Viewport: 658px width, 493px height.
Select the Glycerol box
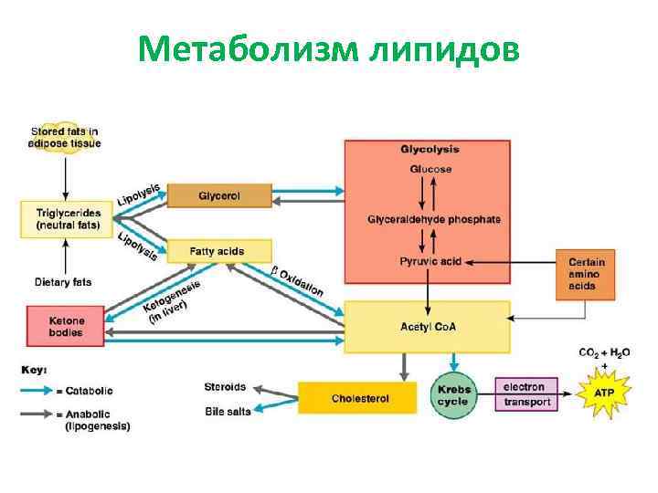(x=219, y=195)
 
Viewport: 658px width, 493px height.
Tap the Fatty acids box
(x=219, y=250)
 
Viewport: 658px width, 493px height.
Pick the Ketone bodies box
(x=66, y=327)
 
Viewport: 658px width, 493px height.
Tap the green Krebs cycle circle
(x=452, y=395)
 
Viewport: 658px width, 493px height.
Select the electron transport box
(x=526, y=395)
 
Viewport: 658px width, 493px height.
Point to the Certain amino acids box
(x=586, y=274)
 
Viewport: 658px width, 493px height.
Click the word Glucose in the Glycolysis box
(x=426, y=169)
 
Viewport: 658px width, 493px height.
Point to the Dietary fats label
(x=63, y=281)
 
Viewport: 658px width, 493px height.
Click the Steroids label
(x=225, y=386)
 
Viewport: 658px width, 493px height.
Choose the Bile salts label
(x=228, y=412)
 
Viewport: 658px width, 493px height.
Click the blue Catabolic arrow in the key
(x=42, y=391)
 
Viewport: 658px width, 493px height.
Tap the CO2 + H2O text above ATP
(x=604, y=352)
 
